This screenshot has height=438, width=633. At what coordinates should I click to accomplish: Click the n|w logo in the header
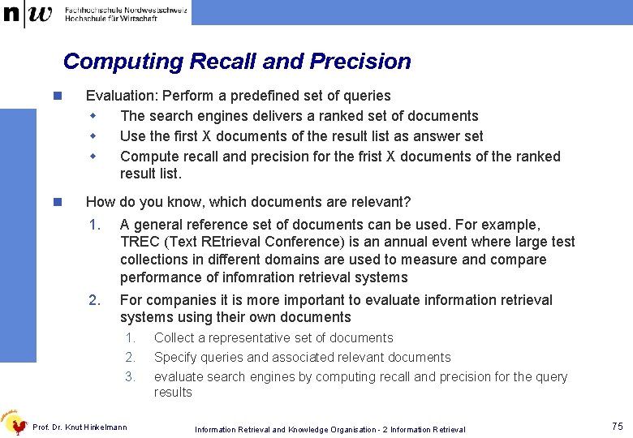[28, 13]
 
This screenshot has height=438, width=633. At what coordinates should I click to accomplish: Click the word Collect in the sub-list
[173, 338]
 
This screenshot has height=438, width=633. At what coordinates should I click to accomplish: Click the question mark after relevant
[407, 201]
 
